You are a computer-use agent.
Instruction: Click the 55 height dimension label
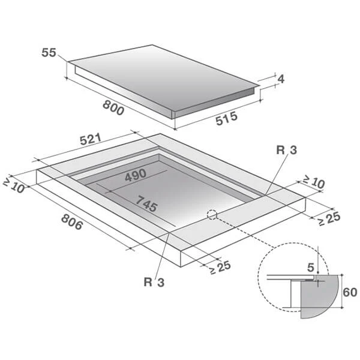[49, 53]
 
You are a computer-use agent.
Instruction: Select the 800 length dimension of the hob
[113, 108]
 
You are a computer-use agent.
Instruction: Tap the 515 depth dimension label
[226, 118]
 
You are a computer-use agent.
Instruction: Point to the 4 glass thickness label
[281, 79]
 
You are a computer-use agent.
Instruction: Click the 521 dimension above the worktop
[91, 139]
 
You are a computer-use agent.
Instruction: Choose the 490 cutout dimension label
[136, 175]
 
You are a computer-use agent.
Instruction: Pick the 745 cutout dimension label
[146, 203]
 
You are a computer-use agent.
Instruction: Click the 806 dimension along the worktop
[72, 222]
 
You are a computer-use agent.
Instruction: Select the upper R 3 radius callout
[287, 150]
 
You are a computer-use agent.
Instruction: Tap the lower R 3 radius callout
[154, 282]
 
